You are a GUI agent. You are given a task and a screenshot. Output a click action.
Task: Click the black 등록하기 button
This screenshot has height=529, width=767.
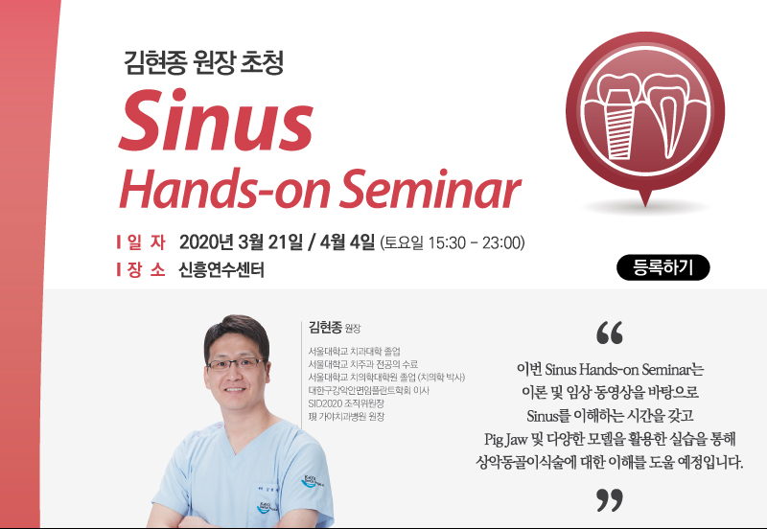click(662, 267)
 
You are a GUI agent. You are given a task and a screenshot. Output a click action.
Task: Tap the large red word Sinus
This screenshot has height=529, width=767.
click(216, 121)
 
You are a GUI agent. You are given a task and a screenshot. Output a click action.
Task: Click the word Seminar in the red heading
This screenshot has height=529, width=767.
click(430, 189)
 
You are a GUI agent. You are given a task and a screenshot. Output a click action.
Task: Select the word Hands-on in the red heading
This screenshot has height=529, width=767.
click(224, 189)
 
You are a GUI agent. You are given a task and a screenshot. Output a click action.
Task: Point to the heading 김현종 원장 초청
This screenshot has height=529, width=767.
click(203, 63)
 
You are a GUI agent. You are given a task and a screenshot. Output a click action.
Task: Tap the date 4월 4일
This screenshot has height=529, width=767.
click(347, 242)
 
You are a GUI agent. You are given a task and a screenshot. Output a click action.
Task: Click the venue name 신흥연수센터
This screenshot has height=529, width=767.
click(221, 269)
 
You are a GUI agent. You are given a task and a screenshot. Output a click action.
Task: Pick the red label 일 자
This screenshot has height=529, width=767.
click(147, 242)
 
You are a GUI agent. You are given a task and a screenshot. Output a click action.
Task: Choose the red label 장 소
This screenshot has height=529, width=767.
click(147, 269)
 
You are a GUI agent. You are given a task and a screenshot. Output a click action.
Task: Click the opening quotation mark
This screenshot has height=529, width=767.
click(610, 333)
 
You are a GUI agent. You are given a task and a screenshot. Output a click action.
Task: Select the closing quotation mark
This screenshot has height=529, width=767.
click(610, 499)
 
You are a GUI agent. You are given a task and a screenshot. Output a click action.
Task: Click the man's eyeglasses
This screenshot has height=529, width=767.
click(236, 364)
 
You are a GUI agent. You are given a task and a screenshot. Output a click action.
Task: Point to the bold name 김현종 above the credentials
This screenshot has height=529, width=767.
click(325, 327)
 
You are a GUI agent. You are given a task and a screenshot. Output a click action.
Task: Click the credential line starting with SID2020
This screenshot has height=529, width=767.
click(346, 403)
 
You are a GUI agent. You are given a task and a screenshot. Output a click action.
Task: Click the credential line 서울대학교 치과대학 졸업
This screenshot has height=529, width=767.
click(354, 351)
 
